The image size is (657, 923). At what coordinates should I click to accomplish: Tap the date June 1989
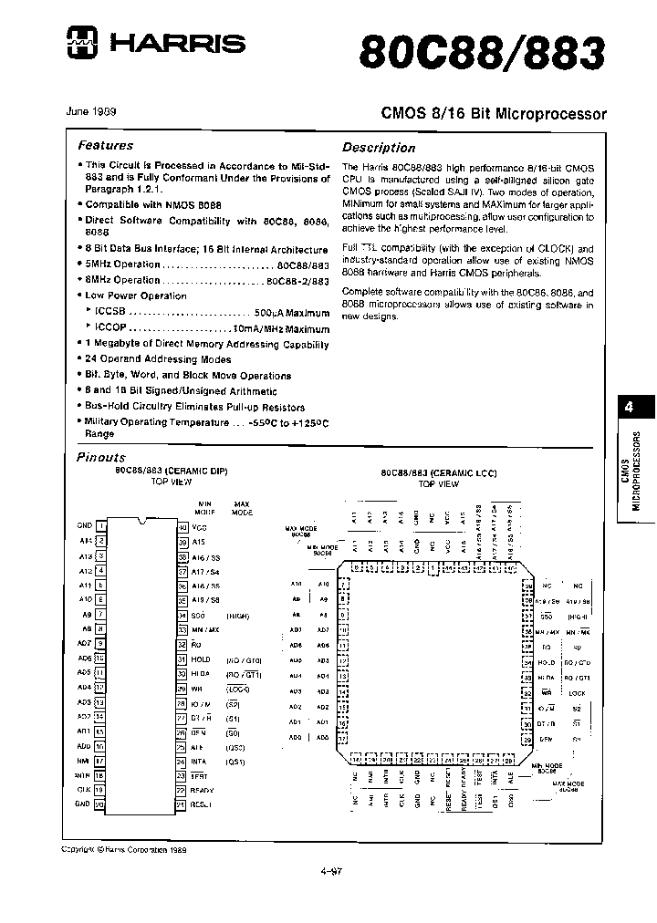[x=91, y=111]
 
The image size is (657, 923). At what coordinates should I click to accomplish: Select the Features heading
[x=105, y=145]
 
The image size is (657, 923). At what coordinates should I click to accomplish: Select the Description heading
[x=379, y=148]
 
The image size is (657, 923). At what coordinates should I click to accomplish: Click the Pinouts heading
[x=101, y=457]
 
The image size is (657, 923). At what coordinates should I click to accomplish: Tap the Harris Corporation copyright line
[x=123, y=849]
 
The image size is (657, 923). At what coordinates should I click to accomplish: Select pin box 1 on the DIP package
[x=101, y=525]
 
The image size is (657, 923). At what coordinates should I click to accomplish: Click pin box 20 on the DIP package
[x=101, y=804]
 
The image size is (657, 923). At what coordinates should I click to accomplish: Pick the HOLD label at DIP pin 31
[x=200, y=659]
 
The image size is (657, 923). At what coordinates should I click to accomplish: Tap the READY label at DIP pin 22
[x=202, y=790]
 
